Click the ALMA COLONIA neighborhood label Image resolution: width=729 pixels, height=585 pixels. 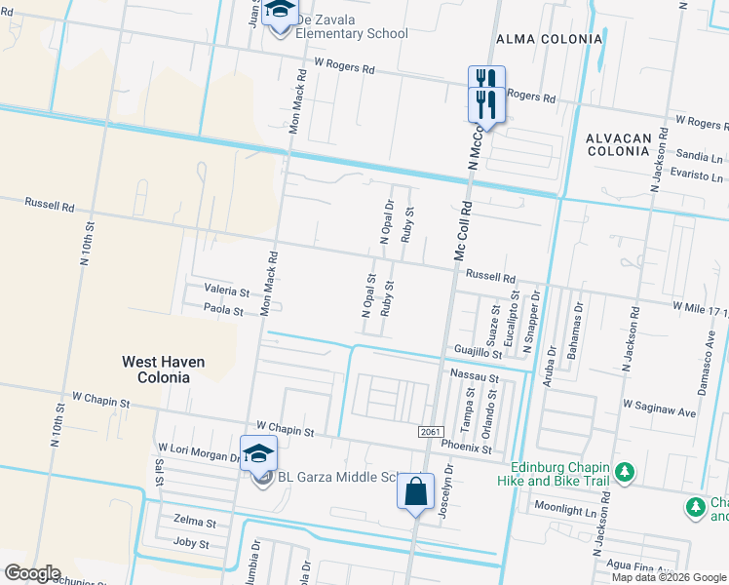(549, 38)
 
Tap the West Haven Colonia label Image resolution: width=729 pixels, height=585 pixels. (163, 369)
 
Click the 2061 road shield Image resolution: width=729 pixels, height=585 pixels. (431, 432)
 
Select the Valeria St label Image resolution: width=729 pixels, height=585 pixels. (226, 291)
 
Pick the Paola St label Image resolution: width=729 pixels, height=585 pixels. (223, 309)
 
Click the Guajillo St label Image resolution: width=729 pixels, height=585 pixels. (477, 350)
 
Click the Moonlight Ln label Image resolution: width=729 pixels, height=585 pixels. (563, 510)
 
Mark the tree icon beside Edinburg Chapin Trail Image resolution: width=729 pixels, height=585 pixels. (624, 473)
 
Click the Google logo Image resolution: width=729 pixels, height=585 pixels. (32, 573)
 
